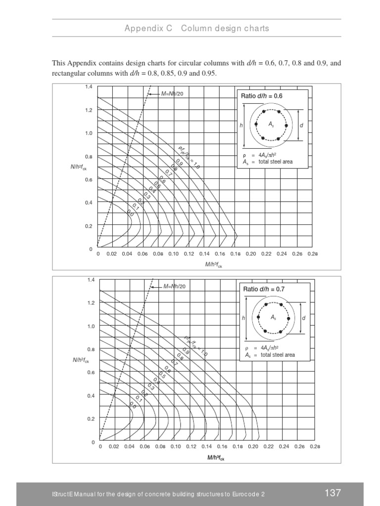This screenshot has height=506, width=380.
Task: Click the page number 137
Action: (x=332, y=493)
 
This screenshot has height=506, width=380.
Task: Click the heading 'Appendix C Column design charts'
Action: (x=196, y=28)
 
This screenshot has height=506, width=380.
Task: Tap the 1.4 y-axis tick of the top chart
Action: (x=89, y=87)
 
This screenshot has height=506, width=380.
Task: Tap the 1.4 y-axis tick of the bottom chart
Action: (x=91, y=280)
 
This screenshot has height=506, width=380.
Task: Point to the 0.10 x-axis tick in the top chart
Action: (x=173, y=253)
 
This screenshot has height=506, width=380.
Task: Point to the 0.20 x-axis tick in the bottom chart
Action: (x=253, y=447)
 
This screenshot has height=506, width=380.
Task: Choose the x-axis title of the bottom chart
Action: (x=215, y=458)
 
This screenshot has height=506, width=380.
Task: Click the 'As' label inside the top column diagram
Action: (x=272, y=126)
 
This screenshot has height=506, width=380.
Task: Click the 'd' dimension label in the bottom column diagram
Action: (x=304, y=318)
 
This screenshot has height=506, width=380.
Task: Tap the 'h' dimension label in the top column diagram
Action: (x=241, y=126)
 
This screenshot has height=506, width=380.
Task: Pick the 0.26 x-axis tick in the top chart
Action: (x=297, y=253)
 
